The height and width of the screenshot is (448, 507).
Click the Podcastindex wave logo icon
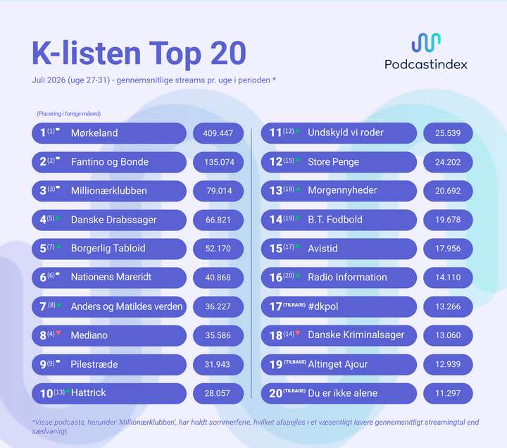(426, 43)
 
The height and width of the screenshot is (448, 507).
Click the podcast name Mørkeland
(94, 133)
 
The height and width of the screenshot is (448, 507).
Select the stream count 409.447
(218, 133)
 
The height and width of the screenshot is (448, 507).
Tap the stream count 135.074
(219, 162)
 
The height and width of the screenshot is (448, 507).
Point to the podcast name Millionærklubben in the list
(109, 190)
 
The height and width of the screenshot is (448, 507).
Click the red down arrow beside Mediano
(58, 333)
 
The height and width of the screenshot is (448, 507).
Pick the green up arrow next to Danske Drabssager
(58, 218)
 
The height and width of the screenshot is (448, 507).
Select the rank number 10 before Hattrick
(46, 394)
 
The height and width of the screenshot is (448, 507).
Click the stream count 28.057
(217, 393)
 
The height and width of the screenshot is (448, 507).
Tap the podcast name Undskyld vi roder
(346, 132)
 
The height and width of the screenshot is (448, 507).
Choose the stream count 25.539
(448, 133)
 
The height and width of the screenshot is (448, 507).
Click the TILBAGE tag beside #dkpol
(294, 305)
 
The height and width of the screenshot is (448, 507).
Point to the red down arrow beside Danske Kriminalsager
(298, 333)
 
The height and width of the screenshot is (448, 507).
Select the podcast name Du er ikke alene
(343, 393)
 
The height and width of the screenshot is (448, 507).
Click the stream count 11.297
(448, 393)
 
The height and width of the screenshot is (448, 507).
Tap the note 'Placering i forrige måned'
(68, 114)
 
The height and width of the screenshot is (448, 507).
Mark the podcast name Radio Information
(347, 278)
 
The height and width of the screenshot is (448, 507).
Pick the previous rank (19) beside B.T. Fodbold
(289, 218)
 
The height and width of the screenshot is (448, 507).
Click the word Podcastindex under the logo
(426, 64)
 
